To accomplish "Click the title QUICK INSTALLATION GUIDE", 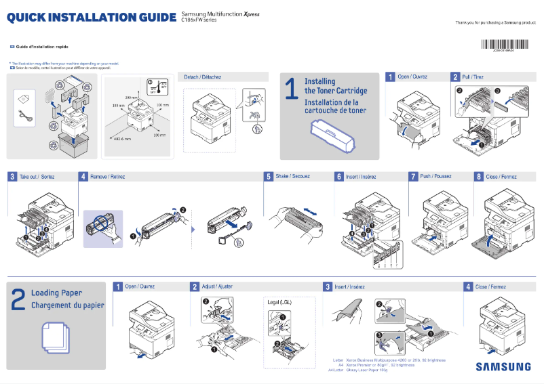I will (92, 17).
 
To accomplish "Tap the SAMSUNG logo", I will (503, 367).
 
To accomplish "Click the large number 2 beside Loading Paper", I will (18, 300).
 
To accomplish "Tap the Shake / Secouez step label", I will (292, 176).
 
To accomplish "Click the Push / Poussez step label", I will (435, 176).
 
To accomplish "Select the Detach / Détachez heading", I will (202, 77).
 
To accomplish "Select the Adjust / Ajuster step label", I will (217, 286).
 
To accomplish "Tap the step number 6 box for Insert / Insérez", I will (338, 176).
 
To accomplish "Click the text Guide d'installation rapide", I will (42, 47).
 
